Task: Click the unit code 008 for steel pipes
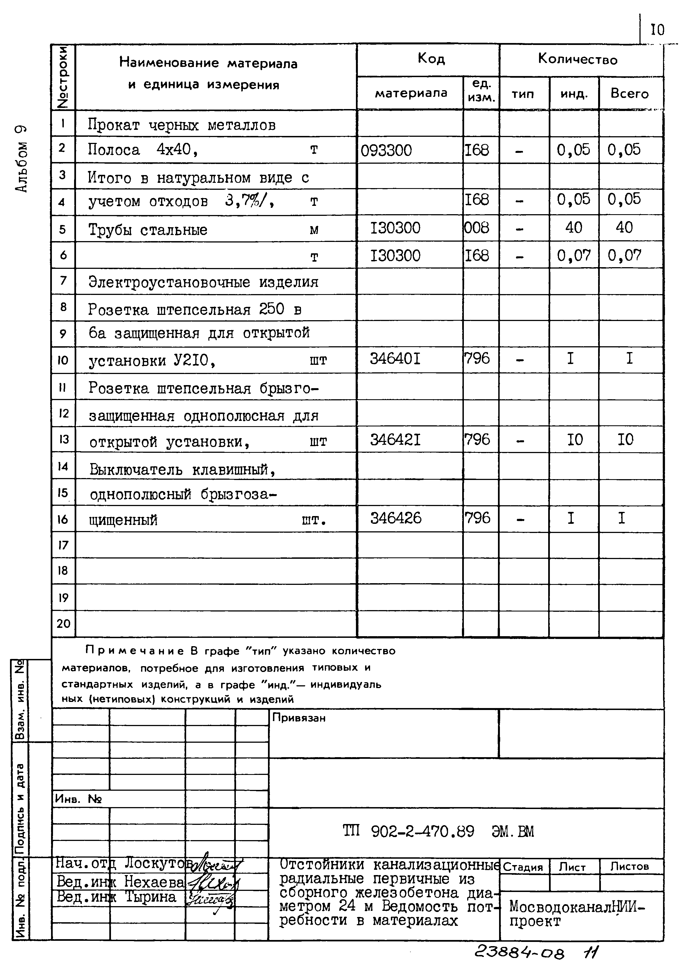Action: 477,228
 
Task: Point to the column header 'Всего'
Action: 629,93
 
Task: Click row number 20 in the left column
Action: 63,623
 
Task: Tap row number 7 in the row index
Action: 63,280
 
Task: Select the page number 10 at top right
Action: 657,30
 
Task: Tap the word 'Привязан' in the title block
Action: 299,717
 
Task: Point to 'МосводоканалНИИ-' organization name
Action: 576,906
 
